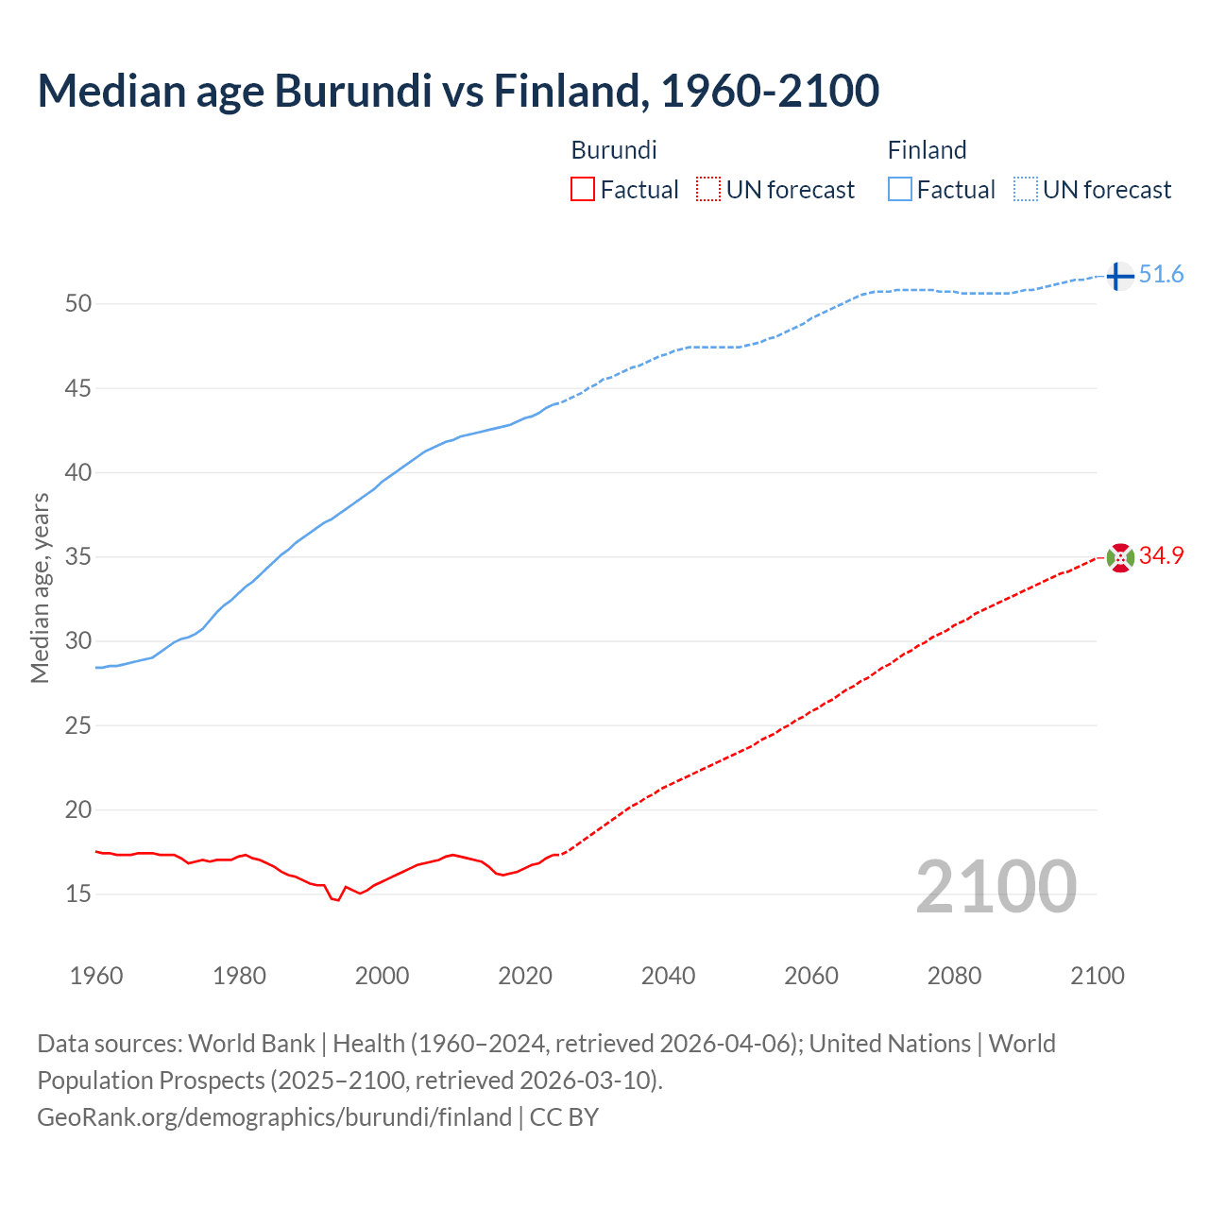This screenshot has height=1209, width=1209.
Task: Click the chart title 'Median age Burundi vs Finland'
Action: (458, 92)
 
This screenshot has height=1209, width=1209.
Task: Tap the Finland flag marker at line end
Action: (1119, 276)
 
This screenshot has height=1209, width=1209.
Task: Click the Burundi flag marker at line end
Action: (1119, 557)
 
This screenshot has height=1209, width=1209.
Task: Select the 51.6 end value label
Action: (1161, 275)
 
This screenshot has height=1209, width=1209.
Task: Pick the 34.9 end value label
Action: (1161, 556)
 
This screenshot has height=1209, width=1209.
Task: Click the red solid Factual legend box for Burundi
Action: (583, 190)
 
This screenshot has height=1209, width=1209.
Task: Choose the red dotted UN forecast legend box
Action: (708, 190)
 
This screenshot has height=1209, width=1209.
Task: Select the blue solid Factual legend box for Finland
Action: (899, 190)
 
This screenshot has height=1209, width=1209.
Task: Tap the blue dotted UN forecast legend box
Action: (1025, 190)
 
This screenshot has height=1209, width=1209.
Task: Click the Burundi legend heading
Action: (614, 150)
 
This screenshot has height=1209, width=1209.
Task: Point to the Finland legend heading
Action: (927, 150)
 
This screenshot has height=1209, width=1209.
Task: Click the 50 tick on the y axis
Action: (78, 304)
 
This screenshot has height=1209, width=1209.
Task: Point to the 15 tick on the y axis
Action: (78, 894)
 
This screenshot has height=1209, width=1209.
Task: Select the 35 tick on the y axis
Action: (78, 557)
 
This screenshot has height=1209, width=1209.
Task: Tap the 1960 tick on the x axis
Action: (96, 976)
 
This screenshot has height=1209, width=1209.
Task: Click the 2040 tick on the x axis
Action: (668, 976)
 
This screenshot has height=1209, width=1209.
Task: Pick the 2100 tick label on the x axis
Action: (1098, 976)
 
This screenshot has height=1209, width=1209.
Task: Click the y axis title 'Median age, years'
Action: (40, 587)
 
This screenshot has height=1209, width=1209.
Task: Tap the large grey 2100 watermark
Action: (996, 886)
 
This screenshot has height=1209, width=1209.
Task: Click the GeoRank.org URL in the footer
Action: (274, 1117)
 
